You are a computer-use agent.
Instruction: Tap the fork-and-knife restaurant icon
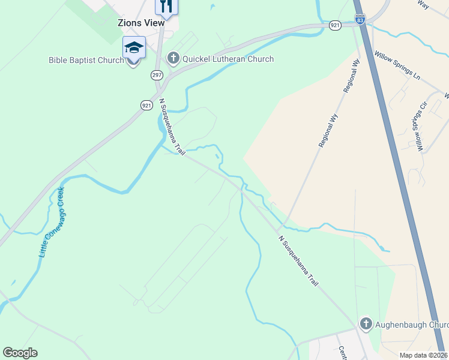click(167, 7)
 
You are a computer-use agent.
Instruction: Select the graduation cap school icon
click(134, 47)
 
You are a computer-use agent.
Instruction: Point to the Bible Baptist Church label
click(86, 60)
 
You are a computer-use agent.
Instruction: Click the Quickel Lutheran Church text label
click(228, 59)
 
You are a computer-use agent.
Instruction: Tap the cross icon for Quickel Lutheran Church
click(173, 58)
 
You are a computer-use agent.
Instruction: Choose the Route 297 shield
click(157, 75)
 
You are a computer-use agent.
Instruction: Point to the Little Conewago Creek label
click(52, 223)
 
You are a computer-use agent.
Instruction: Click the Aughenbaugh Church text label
click(412, 325)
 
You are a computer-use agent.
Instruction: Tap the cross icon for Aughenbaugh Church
click(366, 324)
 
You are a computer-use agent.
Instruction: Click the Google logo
click(20, 353)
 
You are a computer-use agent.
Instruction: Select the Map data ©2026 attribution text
click(423, 355)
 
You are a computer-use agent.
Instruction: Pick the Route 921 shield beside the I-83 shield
click(335, 25)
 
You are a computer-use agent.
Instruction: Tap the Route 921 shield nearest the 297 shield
click(146, 105)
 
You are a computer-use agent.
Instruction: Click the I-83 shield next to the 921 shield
click(360, 20)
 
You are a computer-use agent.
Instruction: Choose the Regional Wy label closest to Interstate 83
click(351, 74)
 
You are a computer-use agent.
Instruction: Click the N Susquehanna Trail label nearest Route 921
click(170, 126)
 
